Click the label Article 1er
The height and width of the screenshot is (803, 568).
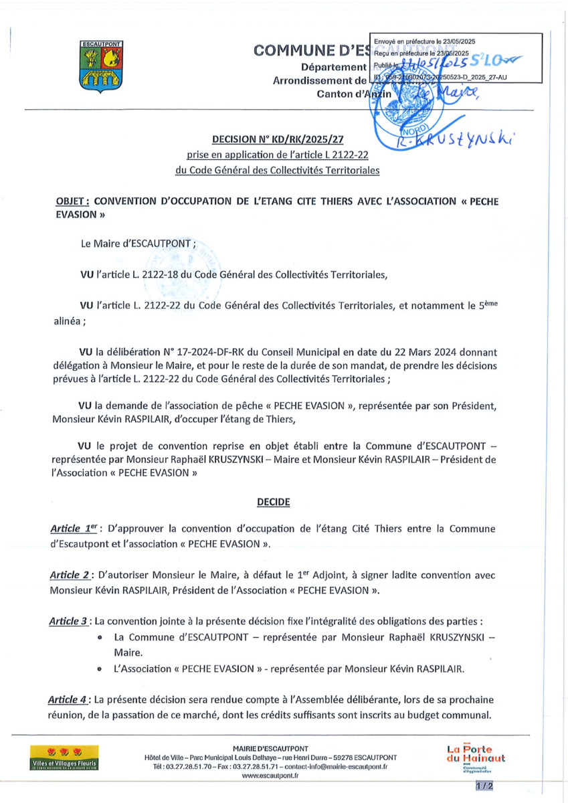[76, 529]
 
